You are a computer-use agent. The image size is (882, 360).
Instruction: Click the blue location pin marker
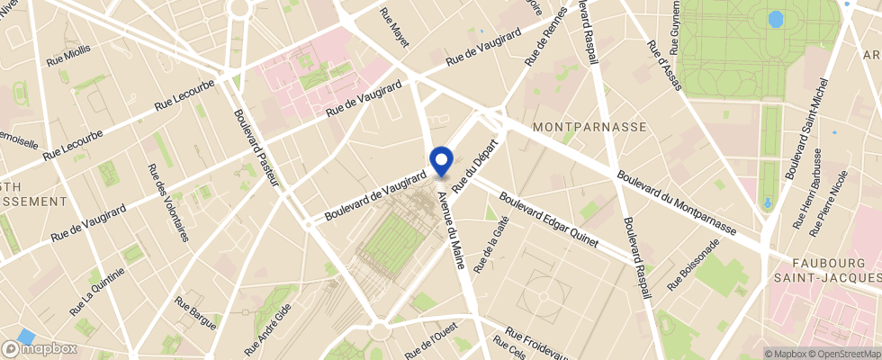(441, 161)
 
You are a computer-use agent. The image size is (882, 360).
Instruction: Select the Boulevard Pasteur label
(256, 148)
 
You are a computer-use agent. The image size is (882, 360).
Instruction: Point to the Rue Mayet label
(394, 27)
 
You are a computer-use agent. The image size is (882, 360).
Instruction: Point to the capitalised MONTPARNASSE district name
(589, 127)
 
